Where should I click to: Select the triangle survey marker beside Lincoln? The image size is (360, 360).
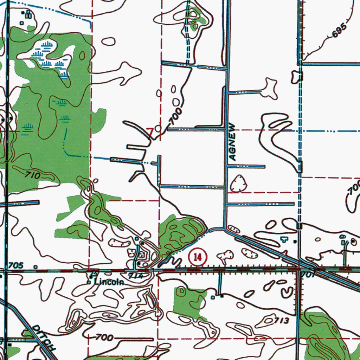click(94, 274)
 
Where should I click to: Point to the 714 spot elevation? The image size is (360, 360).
click(136, 276)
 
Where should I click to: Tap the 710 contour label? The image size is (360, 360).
click(33, 174)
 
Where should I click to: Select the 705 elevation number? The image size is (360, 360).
click(17, 265)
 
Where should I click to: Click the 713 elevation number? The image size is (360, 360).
click(281, 321)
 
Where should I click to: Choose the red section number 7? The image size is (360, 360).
click(150, 133)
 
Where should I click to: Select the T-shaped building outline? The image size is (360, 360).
click(283, 239)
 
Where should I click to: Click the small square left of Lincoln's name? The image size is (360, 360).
click(89, 282)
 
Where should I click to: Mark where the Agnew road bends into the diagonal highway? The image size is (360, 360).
click(225, 230)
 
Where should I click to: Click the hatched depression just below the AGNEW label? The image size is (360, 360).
click(239, 184)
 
